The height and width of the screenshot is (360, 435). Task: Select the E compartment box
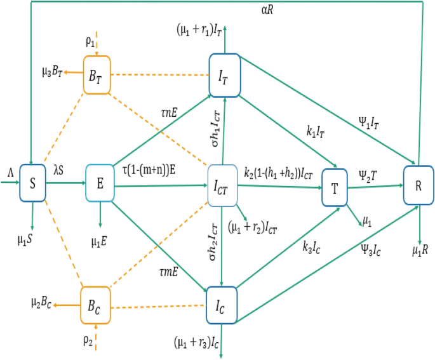pos(100,184)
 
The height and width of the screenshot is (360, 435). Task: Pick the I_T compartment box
pos(223,75)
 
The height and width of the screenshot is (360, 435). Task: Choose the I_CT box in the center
pos(222,186)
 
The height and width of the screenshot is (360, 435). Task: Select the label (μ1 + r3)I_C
pos(196,343)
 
